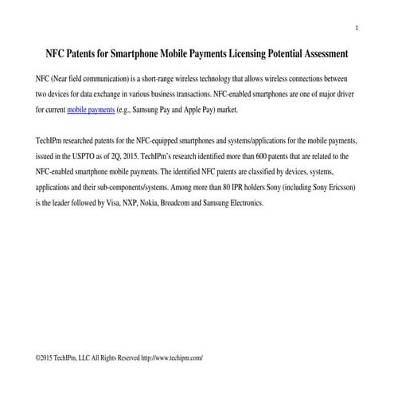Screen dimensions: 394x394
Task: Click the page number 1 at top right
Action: pos(357,29)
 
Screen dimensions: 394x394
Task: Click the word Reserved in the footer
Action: pos(126,358)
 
